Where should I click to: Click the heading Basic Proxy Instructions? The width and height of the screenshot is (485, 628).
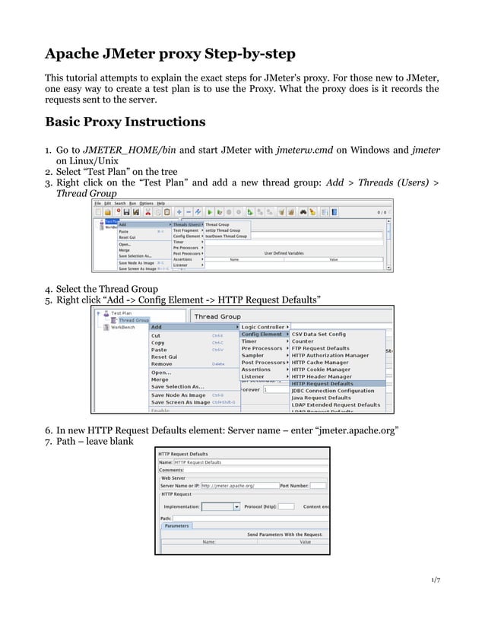125,122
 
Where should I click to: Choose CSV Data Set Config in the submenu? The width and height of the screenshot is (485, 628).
319,334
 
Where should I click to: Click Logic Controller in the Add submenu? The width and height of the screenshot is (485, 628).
263,327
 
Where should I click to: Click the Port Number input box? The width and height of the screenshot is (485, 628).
319,485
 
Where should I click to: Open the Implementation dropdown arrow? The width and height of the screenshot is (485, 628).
236,506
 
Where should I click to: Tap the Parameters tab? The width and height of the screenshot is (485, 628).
176,525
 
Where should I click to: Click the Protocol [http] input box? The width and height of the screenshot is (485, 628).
286,506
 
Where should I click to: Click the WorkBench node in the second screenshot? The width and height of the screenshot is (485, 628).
124,328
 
